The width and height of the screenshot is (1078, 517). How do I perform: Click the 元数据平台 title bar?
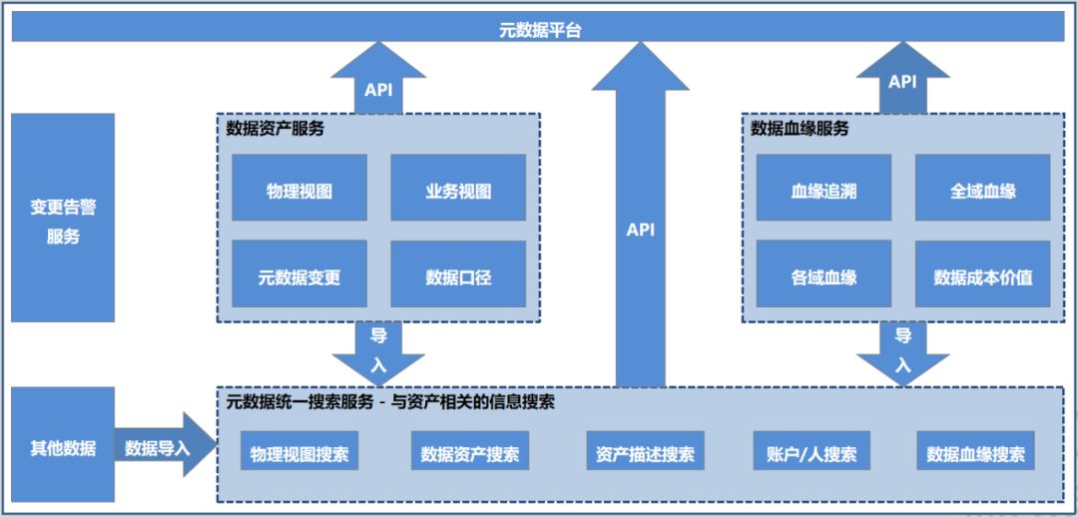[x=539, y=29]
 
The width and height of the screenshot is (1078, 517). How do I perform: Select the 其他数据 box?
[x=63, y=447]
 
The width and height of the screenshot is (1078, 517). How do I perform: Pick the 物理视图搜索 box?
[x=299, y=452]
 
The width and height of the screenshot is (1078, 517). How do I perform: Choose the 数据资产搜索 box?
[x=469, y=452]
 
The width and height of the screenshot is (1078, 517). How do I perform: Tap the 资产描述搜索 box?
[x=645, y=452]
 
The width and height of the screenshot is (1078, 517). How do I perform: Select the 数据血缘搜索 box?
[x=975, y=452]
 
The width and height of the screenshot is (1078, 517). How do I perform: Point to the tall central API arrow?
[x=641, y=230]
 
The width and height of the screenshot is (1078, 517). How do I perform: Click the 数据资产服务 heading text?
[x=274, y=129]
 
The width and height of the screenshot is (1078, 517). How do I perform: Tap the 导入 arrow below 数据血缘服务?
[x=902, y=351]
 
